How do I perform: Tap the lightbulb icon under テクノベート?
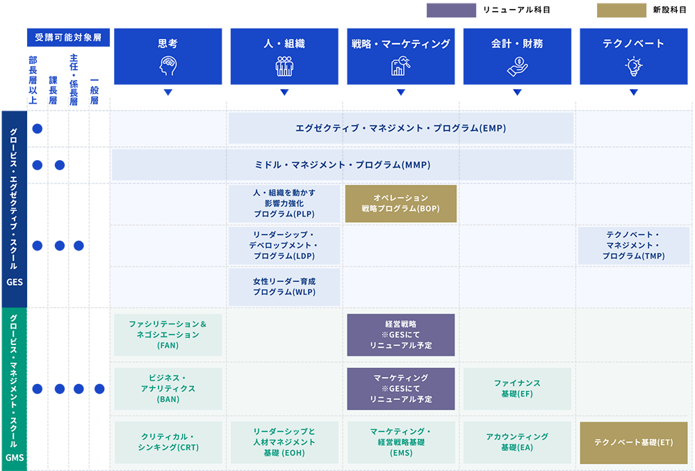tap(634, 67)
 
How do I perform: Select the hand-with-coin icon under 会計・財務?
tap(517, 67)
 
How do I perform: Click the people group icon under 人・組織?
tap(284, 67)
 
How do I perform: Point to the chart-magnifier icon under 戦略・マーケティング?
tap(401, 66)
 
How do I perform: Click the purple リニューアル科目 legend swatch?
tap(451, 10)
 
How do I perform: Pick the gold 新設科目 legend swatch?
tap(621, 10)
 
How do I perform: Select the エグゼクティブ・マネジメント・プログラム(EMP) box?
tap(401, 128)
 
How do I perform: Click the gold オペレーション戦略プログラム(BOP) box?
tap(401, 204)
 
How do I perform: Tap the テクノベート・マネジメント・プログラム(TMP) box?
tap(634, 246)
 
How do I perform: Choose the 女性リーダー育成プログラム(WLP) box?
tap(284, 287)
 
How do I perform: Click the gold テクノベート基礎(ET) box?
tap(634, 442)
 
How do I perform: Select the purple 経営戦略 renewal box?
tap(401, 335)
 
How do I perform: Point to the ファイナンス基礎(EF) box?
tap(517, 388)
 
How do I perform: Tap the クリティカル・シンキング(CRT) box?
tap(168, 442)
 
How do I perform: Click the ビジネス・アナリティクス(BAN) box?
tap(168, 388)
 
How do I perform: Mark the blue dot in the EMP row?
tap(38, 129)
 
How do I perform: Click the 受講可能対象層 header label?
tap(68, 38)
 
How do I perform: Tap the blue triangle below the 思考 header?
tap(168, 93)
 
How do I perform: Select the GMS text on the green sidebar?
tap(15, 458)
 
